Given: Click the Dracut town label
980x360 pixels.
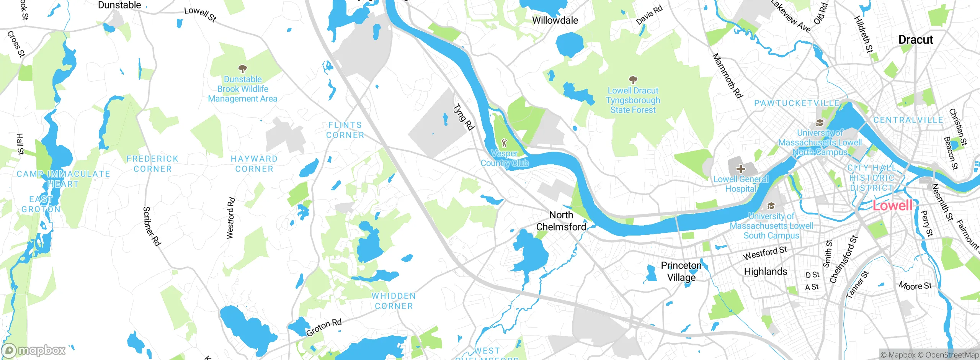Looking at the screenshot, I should (x=915, y=40).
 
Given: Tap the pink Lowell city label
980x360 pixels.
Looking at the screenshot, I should (x=892, y=206).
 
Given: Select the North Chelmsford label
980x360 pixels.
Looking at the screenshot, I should (x=561, y=221).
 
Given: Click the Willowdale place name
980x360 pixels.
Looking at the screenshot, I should (x=555, y=20).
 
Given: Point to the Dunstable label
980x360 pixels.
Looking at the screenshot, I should (x=119, y=5).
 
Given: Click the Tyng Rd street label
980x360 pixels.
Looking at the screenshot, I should (x=464, y=117).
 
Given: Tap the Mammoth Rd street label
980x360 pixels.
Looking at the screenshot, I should (x=727, y=75).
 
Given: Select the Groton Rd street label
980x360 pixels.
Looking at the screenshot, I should (x=324, y=328).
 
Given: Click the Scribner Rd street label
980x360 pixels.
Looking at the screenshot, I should (x=152, y=226).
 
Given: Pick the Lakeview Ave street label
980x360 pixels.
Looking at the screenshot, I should (x=790, y=16).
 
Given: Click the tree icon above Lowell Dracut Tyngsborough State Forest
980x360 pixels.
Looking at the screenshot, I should (x=633, y=80).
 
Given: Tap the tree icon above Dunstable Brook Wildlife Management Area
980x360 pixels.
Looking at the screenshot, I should (x=242, y=69).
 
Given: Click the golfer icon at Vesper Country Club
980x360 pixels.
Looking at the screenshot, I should (x=504, y=143).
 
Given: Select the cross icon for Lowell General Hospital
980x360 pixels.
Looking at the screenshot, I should (x=740, y=169).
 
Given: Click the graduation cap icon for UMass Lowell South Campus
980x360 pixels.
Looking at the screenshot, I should (x=771, y=206).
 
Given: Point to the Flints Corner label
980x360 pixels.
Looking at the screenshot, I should (x=345, y=130).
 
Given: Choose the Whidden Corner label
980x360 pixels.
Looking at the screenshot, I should (x=394, y=301).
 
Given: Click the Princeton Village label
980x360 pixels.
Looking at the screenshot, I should (x=681, y=271).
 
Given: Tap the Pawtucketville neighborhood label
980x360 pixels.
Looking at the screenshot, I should (x=797, y=103).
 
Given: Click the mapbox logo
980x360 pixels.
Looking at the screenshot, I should (x=34, y=350).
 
